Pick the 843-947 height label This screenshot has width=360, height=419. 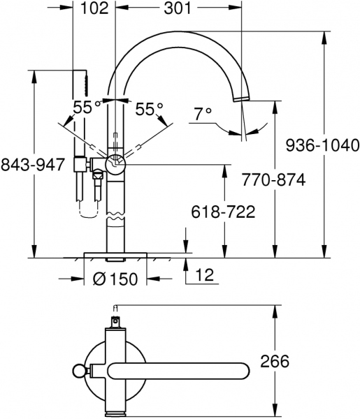(x=34, y=165)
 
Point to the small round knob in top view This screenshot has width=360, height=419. (x=79, y=371)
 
